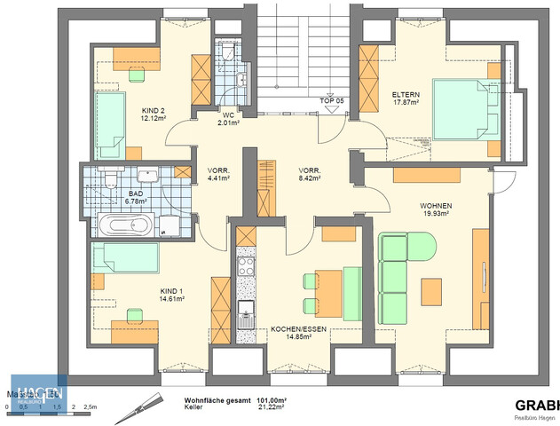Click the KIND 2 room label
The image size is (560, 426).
click(x=154, y=112)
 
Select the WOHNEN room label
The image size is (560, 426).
click(x=435, y=205)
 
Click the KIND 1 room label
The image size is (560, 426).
click(x=171, y=290)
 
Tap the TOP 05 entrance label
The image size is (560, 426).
click(x=332, y=101)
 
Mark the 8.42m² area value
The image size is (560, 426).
click(x=309, y=178)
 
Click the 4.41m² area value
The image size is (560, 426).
click(x=219, y=178)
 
